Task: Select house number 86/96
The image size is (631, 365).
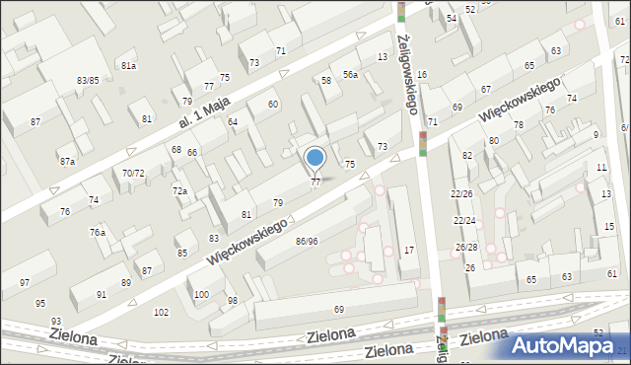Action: tap(307, 241)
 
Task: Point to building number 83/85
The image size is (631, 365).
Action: tap(88, 80)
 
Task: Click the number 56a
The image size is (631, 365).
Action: tap(350, 75)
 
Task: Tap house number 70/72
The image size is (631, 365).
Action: tap(133, 173)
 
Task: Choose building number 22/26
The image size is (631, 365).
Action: tap(462, 193)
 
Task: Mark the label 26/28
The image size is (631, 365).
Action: tap(466, 247)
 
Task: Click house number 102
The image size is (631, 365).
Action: tap(162, 312)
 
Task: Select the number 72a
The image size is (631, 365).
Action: tap(179, 190)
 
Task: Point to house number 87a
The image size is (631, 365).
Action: tap(67, 161)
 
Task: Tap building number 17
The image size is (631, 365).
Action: tap(408, 250)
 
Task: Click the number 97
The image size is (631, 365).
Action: tap(25, 283)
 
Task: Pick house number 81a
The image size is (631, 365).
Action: tap(128, 65)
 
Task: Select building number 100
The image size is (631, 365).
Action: tap(201, 294)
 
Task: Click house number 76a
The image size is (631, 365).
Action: tap(98, 232)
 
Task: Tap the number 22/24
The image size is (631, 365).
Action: tap(463, 220)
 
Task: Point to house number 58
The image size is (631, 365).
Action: tap(326, 80)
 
